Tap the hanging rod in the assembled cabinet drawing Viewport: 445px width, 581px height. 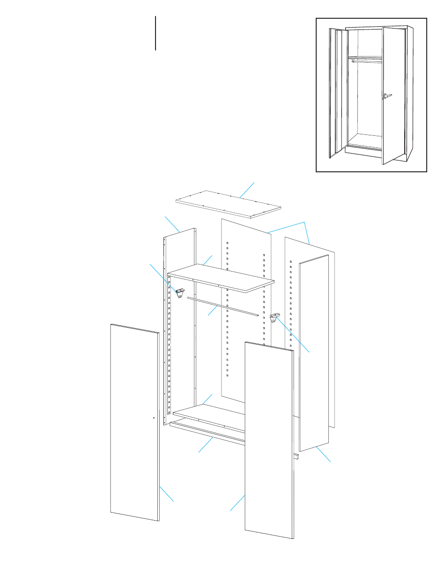click(x=365, y=60)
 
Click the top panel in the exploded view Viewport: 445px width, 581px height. click(x=228, y=204)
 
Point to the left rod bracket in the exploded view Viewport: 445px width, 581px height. click(x=179, y=294)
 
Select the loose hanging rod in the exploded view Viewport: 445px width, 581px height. click(x=222, y=306)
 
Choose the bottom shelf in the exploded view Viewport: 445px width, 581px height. click(x=208, y=415)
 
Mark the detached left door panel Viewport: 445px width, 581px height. click(x=134, y=421)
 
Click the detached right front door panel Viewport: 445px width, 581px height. click(x=269, y=440)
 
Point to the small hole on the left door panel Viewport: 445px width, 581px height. click(x=154, y=417)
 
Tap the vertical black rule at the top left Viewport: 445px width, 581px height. click(x=155, y=33)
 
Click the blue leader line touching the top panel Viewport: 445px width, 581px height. click(x=248, y=190)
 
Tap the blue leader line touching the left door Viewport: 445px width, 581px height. click(x=166, y=494)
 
